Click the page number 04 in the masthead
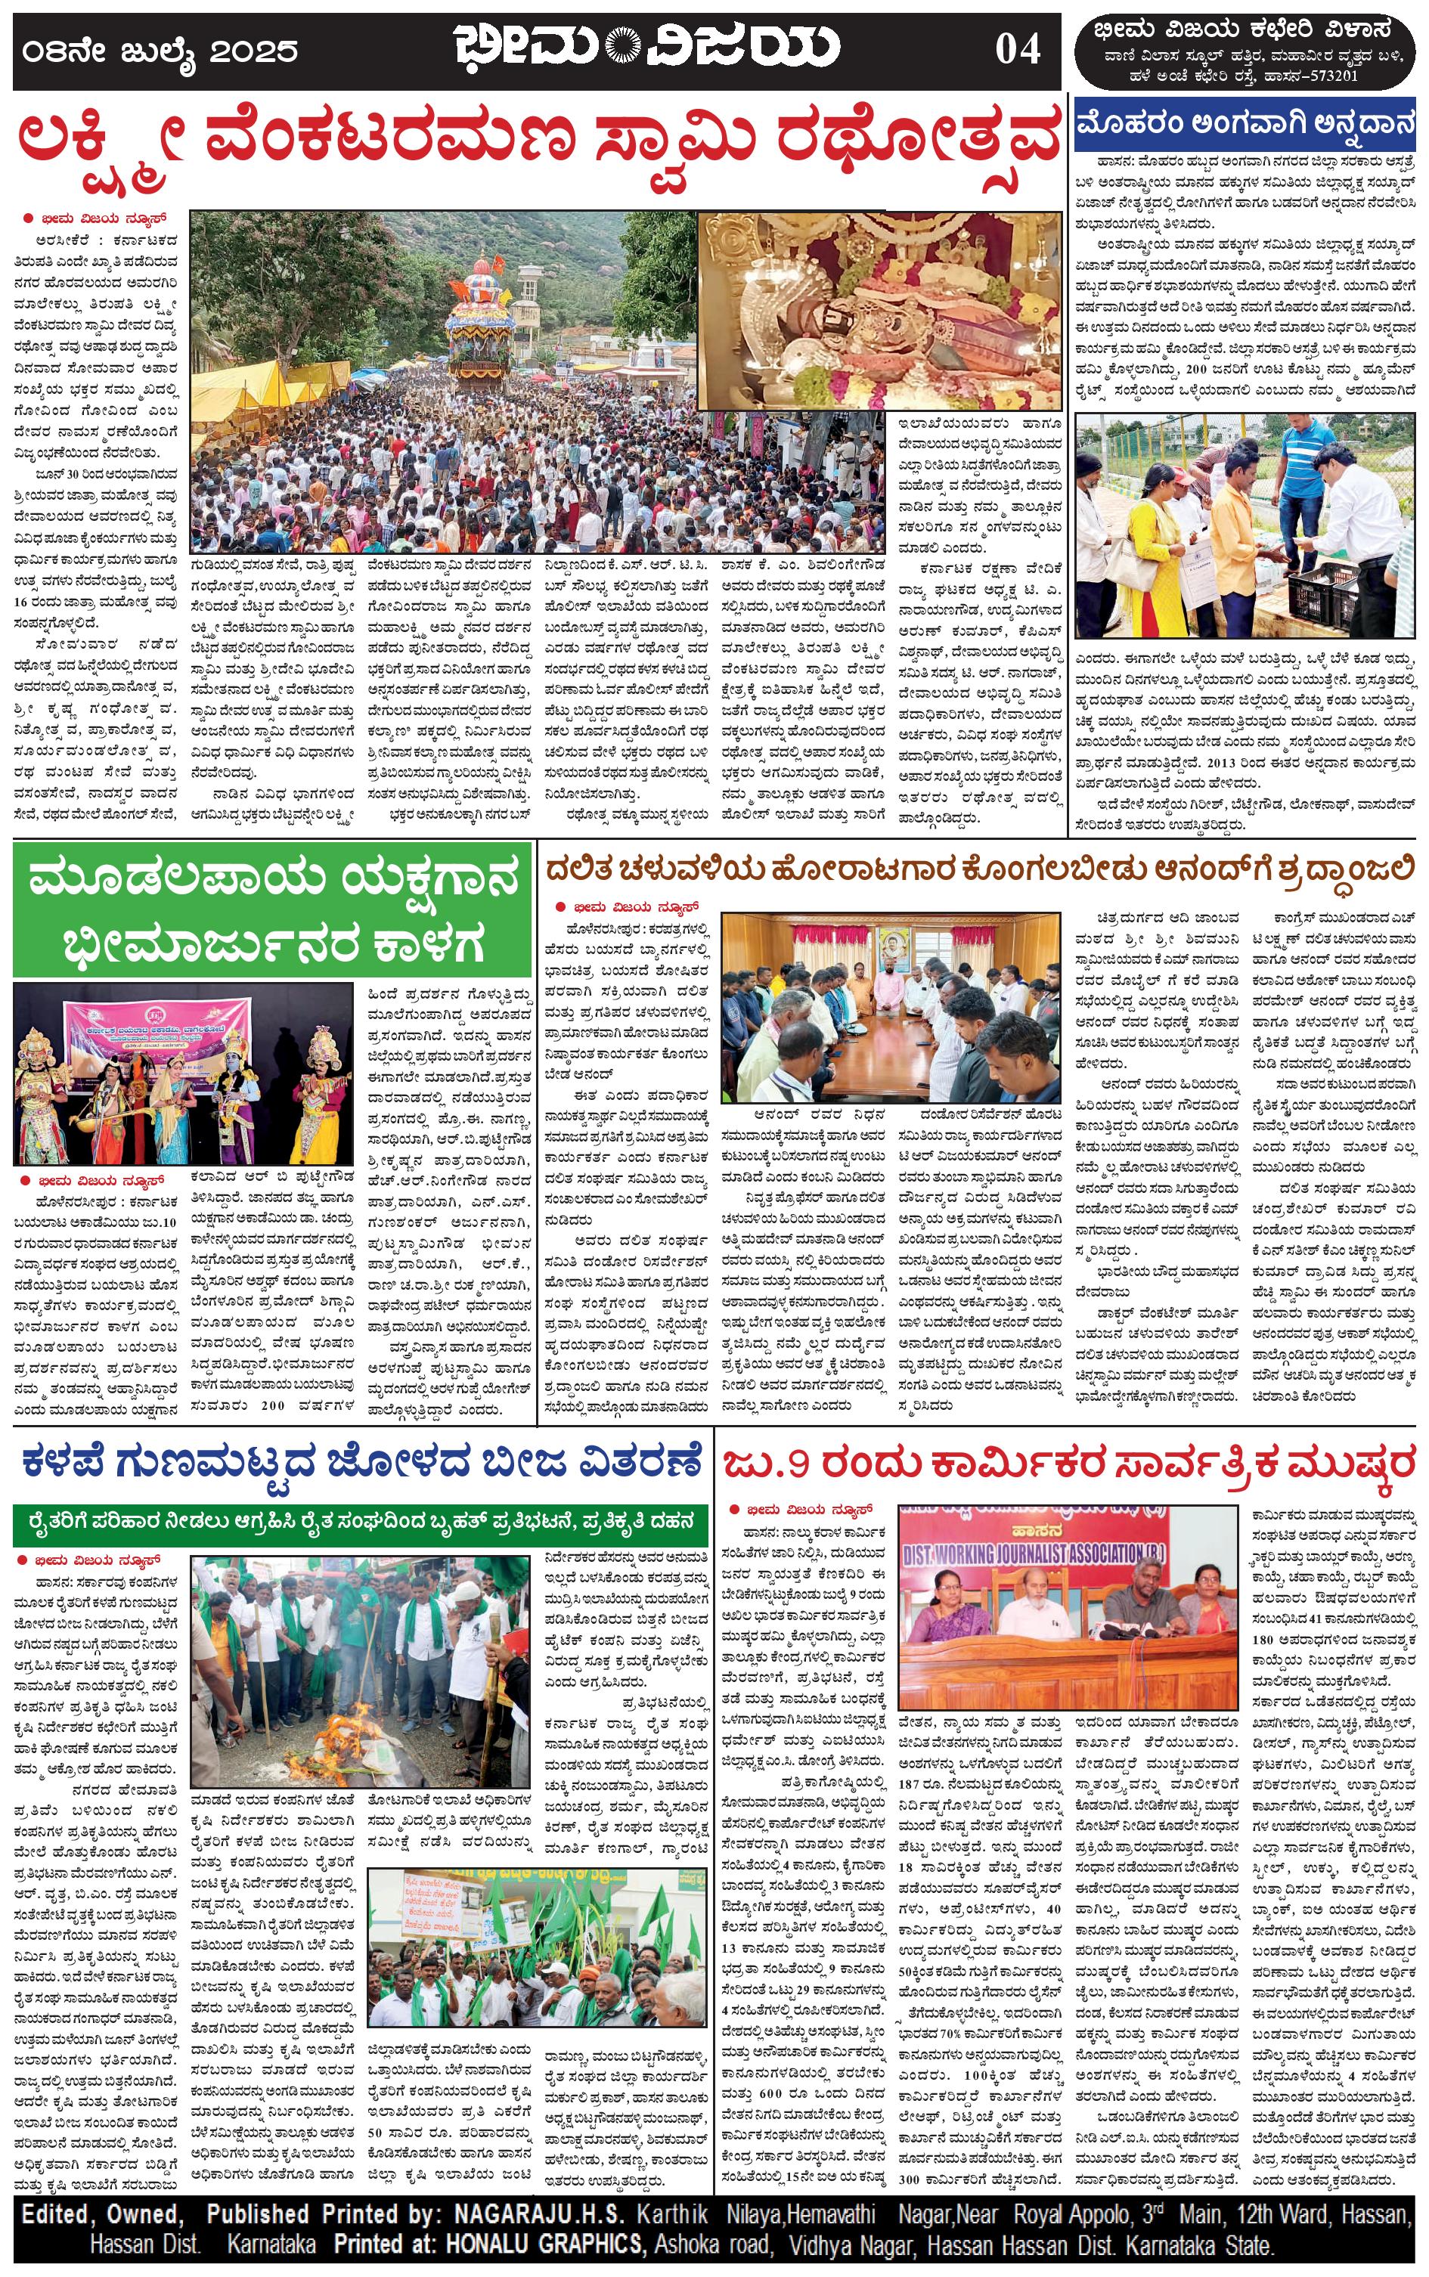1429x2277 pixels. coord(1017,49)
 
